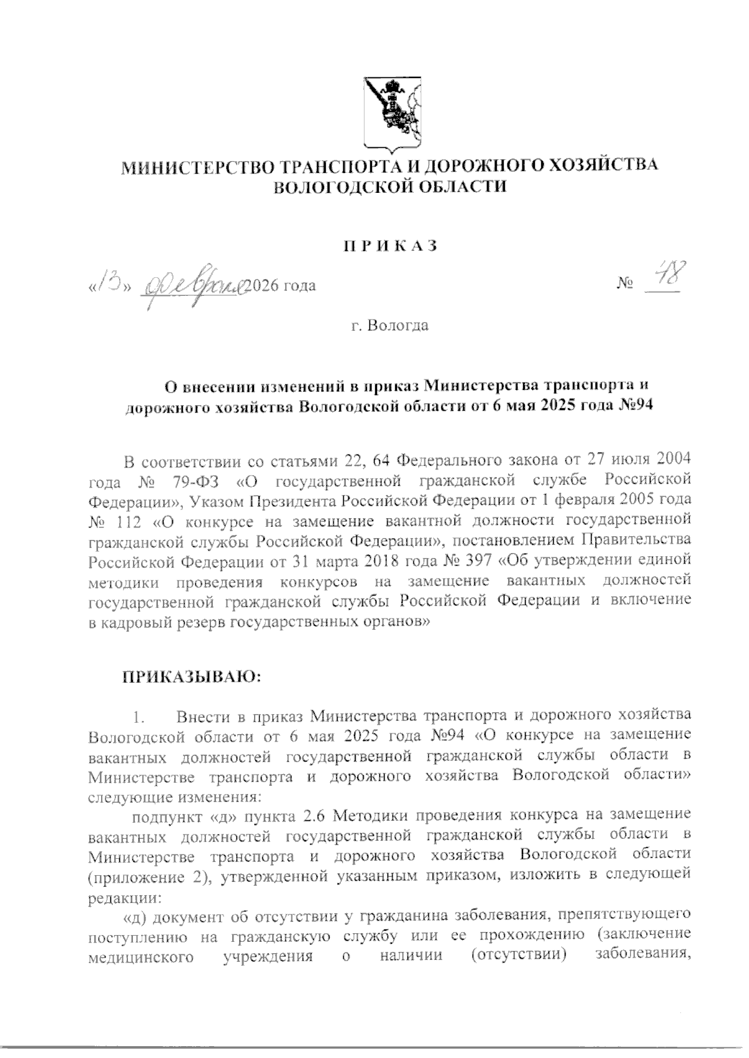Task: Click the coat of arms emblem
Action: pyautogui.click(x=390, y=114)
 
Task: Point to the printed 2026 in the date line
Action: pyautogui.click(x=263, y=287)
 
